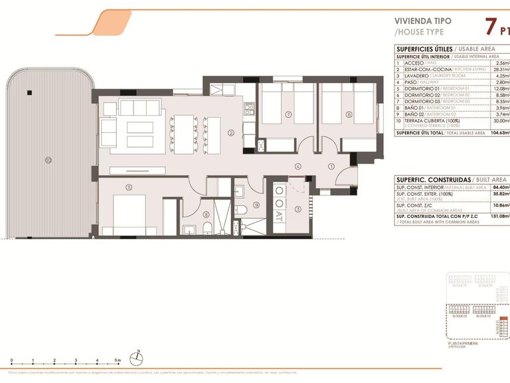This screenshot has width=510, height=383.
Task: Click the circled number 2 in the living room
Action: click(230, 133)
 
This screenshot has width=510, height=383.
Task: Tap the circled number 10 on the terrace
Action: click(48, 160)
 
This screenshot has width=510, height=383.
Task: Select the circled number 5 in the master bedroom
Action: click(129, 187)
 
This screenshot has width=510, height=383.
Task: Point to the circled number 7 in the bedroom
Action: click(288, 114)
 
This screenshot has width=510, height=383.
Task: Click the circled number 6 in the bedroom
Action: click(349, 114)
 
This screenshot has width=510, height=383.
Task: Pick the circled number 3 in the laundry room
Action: click(298, 209)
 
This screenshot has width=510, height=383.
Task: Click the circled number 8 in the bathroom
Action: click(207, 214)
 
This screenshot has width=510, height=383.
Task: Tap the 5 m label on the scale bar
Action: click(118, 360)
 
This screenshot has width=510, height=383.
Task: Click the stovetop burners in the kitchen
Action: click(250, 106)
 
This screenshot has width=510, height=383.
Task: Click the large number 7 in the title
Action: click(492, 27)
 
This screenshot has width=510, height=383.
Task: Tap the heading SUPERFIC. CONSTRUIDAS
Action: click(433, 180)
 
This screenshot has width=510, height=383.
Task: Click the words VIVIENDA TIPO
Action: click(423, 21)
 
